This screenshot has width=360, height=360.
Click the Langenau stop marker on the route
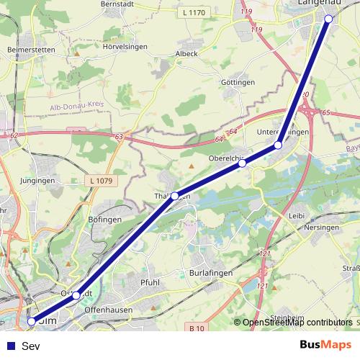click(328, 19)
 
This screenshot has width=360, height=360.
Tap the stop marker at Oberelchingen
click(242, 163)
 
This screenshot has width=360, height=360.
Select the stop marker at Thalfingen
click(174, 195)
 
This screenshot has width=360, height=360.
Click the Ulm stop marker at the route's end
click(31, 321)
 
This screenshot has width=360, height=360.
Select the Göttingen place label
click(239, 83)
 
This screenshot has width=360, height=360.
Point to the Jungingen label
click(38, 180)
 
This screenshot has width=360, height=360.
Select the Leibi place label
click(296, 215)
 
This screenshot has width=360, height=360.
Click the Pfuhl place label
click(150, 282)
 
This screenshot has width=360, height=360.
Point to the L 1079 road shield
click(104, 179)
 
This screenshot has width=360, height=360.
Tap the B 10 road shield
click(197, 329)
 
